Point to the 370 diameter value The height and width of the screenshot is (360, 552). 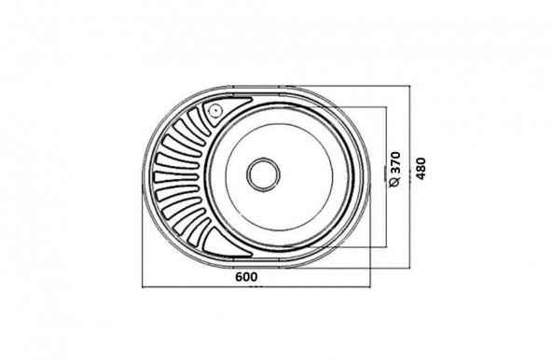point(394,163)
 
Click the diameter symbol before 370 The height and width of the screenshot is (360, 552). point(394,184)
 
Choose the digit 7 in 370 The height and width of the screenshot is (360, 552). point(394,163)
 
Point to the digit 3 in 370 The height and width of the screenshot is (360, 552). point(394,172)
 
